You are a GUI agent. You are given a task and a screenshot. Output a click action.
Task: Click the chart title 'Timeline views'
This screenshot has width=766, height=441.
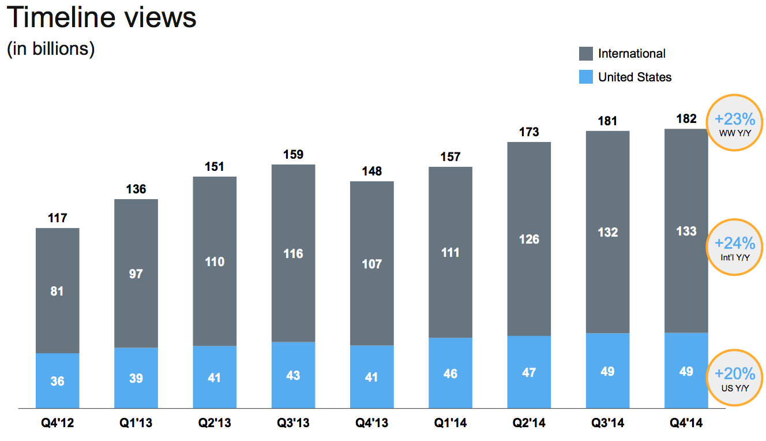tap(102, 18)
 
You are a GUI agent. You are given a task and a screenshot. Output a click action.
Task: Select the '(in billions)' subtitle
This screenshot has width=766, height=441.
tap(51, 49)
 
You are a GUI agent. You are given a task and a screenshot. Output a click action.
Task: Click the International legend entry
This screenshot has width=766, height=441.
tap(623, 54)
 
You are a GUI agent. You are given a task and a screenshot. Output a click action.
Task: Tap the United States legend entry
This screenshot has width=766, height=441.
tap(626, 77)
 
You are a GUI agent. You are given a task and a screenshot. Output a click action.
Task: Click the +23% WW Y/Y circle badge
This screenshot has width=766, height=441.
tap(734, 122)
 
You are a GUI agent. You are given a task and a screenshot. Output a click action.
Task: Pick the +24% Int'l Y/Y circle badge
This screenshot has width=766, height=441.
tap(734, 246)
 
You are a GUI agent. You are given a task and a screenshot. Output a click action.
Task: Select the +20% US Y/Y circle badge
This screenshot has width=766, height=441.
tap(734, 378)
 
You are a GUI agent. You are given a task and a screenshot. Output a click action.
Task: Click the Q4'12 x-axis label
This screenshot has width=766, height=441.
tap(57, 424)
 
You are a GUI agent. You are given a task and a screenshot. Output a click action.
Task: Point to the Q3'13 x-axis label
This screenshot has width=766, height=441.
tap(293, 424)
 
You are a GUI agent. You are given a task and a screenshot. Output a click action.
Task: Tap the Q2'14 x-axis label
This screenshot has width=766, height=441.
tap(529, 424)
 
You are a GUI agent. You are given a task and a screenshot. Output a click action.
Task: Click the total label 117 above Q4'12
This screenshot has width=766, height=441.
tap(57, 218)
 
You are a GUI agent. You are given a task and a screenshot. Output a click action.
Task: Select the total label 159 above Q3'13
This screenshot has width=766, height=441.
tap(293, 155)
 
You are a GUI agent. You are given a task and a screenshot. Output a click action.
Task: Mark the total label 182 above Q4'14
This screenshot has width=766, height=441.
tap(686, 119)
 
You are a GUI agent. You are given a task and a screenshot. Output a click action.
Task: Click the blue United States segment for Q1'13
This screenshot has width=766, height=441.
tap(136, 378)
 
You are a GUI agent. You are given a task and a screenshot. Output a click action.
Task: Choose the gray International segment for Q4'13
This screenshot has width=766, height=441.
tap(371, 263)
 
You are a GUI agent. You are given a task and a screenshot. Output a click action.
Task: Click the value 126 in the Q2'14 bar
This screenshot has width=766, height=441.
tap(529, 239)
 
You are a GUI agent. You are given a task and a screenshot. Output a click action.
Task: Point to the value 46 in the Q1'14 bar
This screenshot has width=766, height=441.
tap(450, 373)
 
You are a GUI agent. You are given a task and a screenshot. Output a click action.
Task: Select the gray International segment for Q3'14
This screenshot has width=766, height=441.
tap(607, 232)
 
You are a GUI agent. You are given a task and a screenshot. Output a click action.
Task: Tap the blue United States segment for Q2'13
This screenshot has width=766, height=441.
tap(215, 377)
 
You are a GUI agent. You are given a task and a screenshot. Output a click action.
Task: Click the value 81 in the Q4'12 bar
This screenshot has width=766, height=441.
tap(57, 291)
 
